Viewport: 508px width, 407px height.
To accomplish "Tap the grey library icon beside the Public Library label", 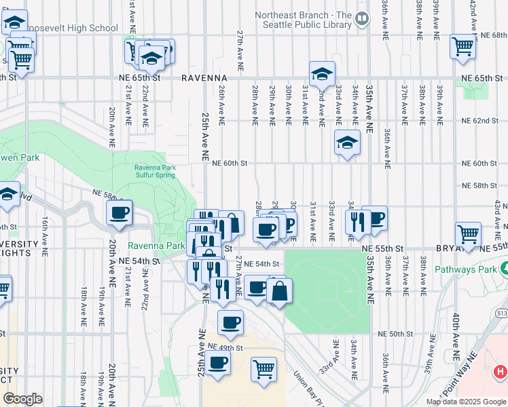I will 362,19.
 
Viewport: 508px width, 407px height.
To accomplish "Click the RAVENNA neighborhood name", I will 203,78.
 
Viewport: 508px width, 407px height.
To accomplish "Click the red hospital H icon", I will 501,371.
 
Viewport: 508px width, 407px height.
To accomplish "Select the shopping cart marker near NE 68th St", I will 462,47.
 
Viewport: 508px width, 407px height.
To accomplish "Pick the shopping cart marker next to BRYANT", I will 468,235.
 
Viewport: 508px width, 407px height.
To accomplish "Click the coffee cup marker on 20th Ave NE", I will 119,214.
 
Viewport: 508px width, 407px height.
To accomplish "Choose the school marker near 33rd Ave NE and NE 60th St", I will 346,143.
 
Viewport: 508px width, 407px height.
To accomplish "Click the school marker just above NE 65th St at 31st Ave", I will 322,73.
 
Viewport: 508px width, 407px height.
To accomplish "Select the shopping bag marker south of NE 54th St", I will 279,292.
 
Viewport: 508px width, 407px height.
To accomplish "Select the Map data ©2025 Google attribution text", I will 465,402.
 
